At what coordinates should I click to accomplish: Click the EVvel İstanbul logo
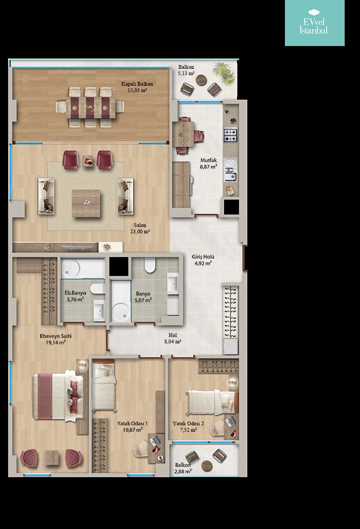(x=314, y=22)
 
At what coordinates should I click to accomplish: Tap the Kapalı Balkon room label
(x=137, y=84)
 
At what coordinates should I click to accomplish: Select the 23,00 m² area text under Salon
(x=140, y=232)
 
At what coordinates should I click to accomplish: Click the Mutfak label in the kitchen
(x=209, y=160)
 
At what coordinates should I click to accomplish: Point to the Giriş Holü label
(x=203, y=257)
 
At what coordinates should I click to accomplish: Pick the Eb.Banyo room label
(x=75, y=293)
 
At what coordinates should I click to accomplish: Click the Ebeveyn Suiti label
(x=56, y=336)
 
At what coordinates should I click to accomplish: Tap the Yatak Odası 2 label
(x=188, y=423)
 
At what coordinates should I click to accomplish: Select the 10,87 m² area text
(x=133, y=430)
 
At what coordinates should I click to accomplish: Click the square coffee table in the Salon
(x=86, y=203)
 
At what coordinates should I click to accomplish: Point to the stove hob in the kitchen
(x=231, y=134)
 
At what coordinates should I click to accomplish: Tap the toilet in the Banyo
(x=150, y=265)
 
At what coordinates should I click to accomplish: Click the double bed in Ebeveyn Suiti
(x=58, y=396)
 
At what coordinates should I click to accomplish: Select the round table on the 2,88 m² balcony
(x=207, y=466)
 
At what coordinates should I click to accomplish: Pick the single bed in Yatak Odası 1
(x=104, y=386)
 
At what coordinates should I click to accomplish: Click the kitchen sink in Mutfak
(x=231, y=171)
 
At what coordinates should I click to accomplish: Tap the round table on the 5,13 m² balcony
(x=201, y=80)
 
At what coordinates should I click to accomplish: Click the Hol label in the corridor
(x=172, y=335)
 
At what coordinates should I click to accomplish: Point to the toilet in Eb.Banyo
(x=97, y=288)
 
